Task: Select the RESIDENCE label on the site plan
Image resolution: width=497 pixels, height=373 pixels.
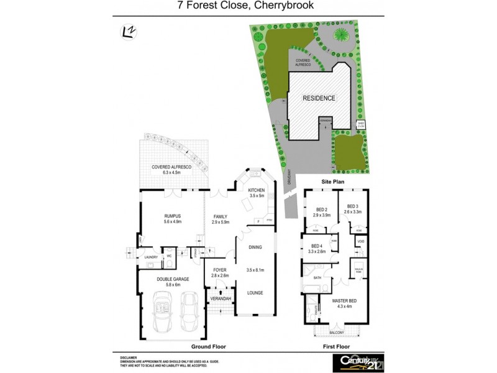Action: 319,98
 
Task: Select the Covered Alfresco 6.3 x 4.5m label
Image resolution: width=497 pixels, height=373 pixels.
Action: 170,170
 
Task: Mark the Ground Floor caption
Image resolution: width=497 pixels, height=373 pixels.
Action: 209,346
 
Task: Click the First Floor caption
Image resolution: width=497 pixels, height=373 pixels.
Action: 337,346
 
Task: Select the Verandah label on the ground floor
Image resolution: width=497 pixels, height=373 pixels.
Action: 221,299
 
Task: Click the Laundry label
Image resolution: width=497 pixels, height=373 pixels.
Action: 151,257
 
